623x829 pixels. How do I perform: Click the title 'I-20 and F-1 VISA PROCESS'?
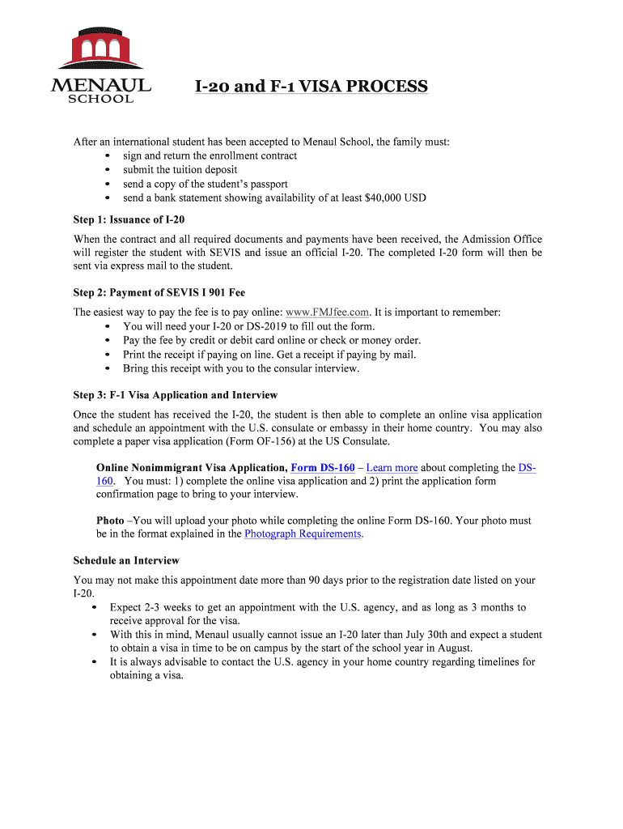pyautogui.click(x=310, y=86)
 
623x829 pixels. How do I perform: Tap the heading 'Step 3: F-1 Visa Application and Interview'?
pyautogui.click(x=175, y=395)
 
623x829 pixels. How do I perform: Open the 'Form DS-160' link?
pyautogui.click(x=323, y=467)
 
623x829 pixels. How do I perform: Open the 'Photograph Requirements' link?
pyautogui.click(x=303, y=534)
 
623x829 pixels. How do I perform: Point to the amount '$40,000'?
pyautogui.click(x=381, y=198)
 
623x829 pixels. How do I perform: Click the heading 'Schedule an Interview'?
pyautogui.click(x=126, y=560)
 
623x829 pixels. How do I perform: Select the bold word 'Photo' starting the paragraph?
pyautogui.click(x=110, y=521)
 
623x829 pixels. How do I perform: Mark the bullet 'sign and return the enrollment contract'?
pyautogui.click(x=210, y=155)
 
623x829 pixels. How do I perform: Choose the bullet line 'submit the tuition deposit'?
pyautogui.click(x=180, y=169)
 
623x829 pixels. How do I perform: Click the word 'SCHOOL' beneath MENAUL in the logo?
pyautogui.click(x=100, y=99)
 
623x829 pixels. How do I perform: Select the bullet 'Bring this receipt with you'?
pyautogui.click(x=240, y=368)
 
